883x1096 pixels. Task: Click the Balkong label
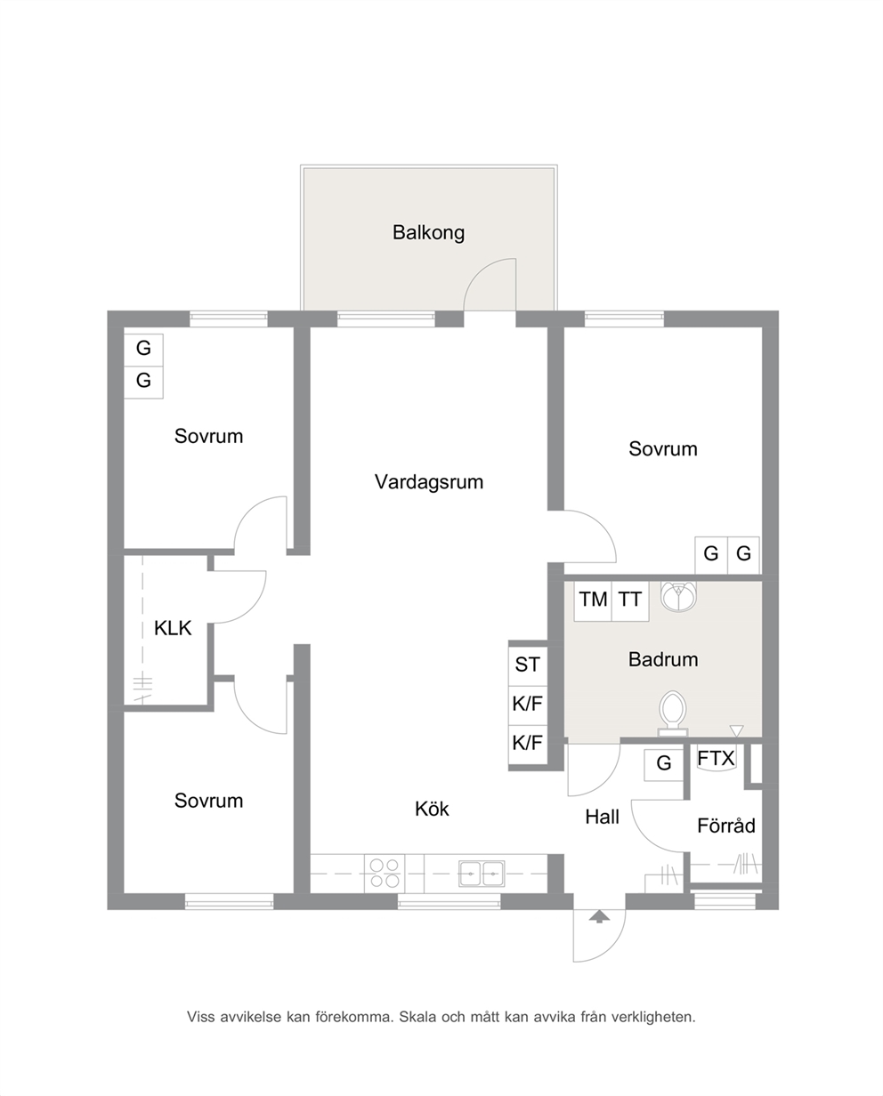[x=428, y=233]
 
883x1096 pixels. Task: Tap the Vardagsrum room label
[x=428, y=482]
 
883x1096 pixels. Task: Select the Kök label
[x=432, y=809]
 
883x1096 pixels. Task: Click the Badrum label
[x=662, y=659]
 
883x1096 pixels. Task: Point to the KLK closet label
[x=172, y=628]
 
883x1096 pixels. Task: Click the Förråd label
[x=725, y=826]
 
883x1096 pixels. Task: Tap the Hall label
[x=602, y=817]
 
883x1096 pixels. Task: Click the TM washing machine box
[x=593, y=600]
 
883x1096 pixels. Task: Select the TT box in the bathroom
[x=630, y=600]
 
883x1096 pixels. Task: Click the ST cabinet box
[x=527, y=665]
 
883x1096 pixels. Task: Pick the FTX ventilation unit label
[x=716, y=758]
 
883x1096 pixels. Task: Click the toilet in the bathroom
[x=673, y=713]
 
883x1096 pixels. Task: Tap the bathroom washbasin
[x=678, y=595]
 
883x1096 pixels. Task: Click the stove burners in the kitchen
[x=385, y=873]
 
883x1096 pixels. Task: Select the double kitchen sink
[x=481, y=873]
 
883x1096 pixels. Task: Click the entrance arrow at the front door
[x=599, y=916]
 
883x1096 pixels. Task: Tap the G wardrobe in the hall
[x=663, y=764]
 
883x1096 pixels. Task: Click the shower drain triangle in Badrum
[x=736, y=731]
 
